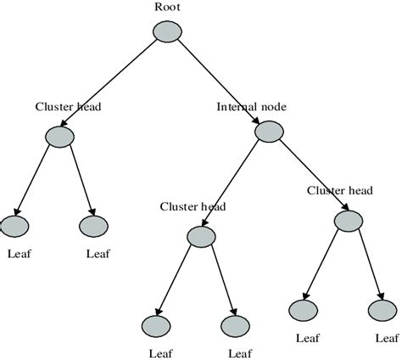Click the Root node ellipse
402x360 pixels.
(167, 31)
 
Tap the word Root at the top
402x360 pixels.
(168, 8)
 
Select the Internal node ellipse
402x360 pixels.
(268, 132)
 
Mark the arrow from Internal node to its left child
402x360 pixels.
(234, 183)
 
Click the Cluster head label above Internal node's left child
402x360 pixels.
(193, 206)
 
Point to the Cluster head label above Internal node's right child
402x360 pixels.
(340, 191)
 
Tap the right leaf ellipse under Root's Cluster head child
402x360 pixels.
(93, 227)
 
